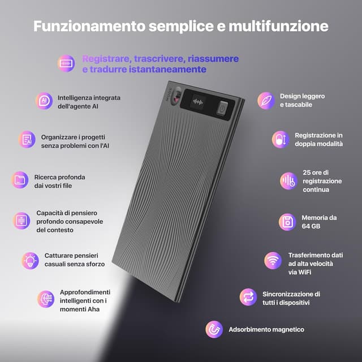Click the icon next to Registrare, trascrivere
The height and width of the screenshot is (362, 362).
click(66, 63)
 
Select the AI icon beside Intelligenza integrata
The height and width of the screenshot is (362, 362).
click(44, 101)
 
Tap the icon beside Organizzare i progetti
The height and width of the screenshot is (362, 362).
click(27, 139)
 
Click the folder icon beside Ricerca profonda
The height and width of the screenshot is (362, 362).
click(20, 180)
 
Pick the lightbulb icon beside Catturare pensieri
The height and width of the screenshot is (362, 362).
click(30, 260)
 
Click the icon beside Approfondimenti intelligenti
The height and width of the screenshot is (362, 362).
click(46, 299)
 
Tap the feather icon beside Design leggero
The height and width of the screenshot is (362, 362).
click(265, 100)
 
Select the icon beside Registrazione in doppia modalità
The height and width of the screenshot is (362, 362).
click(280, 140)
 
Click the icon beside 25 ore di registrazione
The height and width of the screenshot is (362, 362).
click(288, 180)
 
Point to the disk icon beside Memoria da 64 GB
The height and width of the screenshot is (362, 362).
click(287, 222)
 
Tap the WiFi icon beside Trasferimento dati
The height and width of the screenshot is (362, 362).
click(273, 260)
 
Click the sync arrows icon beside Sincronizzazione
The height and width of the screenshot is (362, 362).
click(248, 297)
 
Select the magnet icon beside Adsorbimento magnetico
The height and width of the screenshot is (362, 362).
click(214, 329)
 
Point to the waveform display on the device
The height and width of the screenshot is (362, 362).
click(198, 102)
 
